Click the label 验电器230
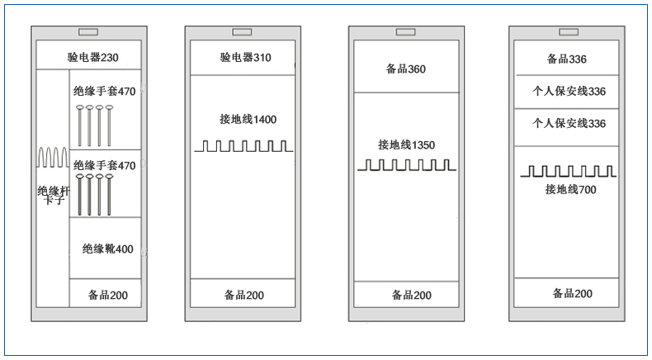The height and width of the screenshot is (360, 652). coord(93,57)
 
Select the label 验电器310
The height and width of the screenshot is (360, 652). coord(246,57)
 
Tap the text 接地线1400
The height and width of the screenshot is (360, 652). coord(248,120)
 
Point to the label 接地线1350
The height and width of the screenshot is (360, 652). coord(407,144)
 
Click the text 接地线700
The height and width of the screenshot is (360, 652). coord(571,189)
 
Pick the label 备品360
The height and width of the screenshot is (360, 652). coord(406,69)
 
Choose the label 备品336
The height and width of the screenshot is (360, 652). coord(567,59)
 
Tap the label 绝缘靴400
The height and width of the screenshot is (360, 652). coord(107,249)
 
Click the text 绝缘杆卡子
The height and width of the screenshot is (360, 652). coord(54,196)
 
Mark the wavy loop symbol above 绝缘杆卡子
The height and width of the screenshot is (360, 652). coord(52,158)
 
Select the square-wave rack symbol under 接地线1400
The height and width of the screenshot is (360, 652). coord(243,146)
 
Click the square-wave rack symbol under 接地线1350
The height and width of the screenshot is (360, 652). coord(407,165)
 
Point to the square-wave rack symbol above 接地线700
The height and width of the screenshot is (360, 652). coord(568,171)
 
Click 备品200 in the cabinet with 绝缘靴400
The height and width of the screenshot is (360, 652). coord(107,295)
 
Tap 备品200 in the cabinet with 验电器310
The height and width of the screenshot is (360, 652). coord(244,295)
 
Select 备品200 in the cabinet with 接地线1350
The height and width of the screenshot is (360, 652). coord(412,295)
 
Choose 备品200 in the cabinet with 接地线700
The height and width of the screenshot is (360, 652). coord(573,293)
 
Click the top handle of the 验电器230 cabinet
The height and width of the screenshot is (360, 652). coord(88,32)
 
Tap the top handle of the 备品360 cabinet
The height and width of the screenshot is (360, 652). coord(406,32)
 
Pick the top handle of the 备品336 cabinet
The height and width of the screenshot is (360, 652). coord(569,32)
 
